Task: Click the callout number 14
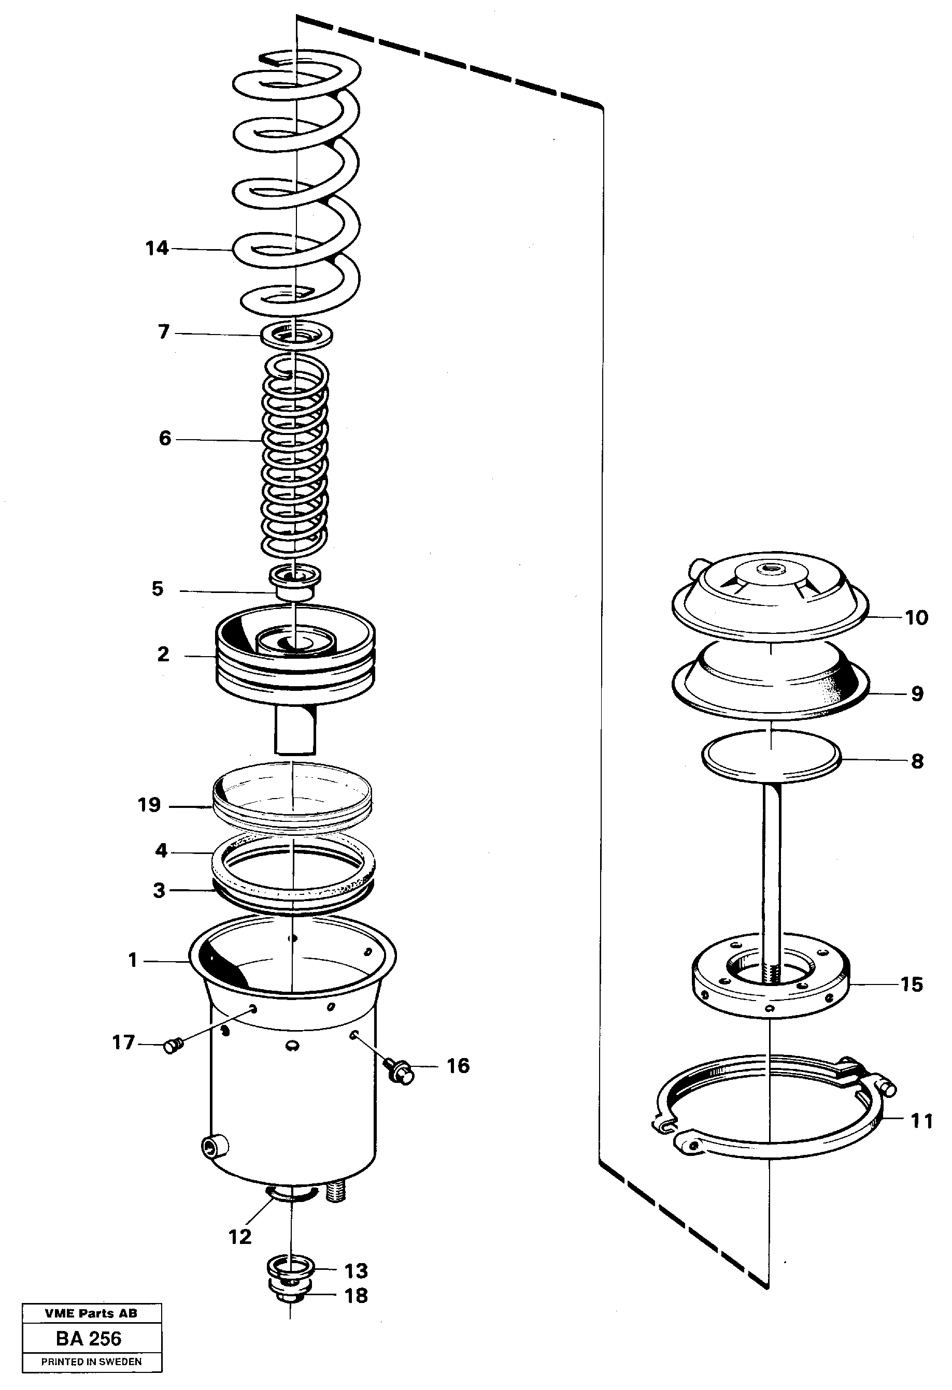(158, 248)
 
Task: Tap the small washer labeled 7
(297, 336)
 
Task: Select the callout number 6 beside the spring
(165, 439)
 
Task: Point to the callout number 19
(150, 805)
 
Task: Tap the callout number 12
(240, 1236)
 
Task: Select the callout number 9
(917, 694)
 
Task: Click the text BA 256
(89, 1338)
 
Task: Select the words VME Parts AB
(91, 1313)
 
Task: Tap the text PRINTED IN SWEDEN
(91, 1362)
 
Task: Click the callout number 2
(163, 654)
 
